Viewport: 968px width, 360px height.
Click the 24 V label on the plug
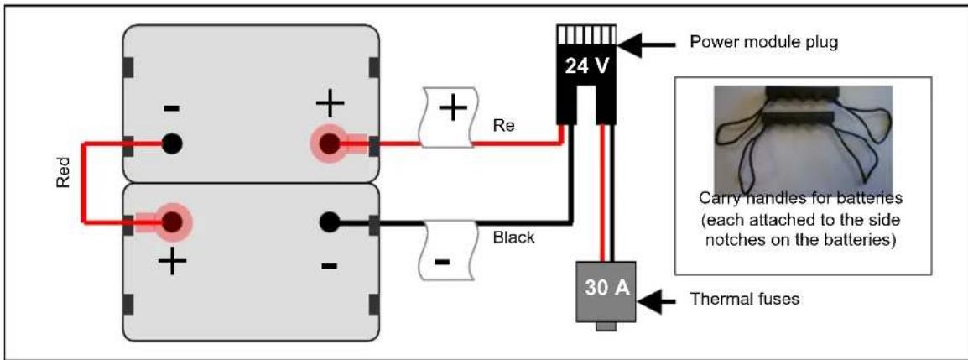585,65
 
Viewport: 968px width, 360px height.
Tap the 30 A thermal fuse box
604,291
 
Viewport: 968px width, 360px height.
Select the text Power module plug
763,44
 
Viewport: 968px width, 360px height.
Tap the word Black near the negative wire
513,237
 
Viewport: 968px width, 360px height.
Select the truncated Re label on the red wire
504,126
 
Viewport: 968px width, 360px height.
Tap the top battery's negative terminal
172,143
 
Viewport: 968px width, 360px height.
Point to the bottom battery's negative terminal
330,222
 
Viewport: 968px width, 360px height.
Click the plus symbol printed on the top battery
330,102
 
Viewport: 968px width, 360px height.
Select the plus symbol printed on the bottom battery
172,262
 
